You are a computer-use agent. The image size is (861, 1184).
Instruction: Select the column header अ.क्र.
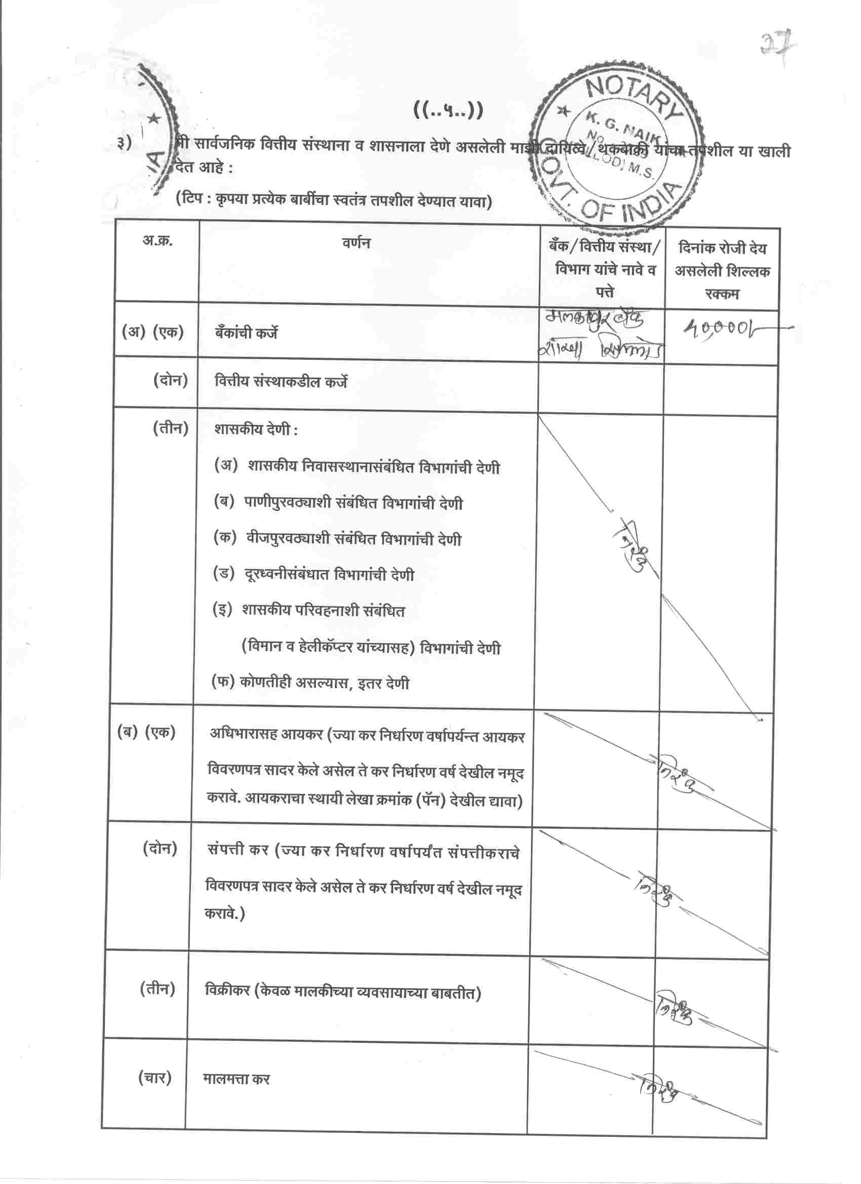[x=156, y=241]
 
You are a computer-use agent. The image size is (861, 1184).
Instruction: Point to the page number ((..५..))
[x=448, y=111]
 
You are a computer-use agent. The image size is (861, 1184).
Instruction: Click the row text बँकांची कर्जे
[x=246, y=332]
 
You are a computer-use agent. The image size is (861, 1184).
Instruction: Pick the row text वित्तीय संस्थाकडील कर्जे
[x=281, y=381]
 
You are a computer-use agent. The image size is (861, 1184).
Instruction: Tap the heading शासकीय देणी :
[x=255, y=430]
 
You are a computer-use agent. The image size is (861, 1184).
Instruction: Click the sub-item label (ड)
[x=223, y=573]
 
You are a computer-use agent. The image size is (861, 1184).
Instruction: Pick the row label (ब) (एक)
[x=146, y=732]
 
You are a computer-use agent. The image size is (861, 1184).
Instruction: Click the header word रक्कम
[x=722, y=294]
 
